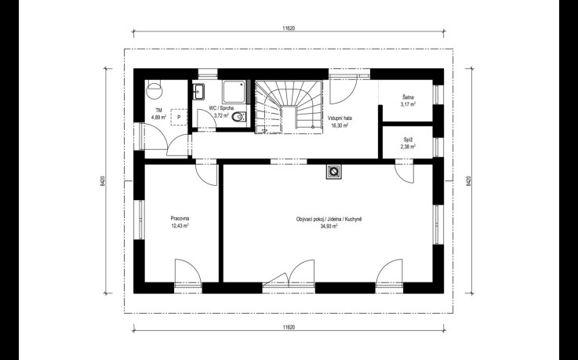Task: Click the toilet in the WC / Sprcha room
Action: tap(239, 118)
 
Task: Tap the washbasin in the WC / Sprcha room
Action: tap(198, 92)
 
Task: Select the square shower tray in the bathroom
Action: tap(234, 92)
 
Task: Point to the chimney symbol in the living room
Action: tap(333, 171)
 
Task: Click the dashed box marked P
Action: tap(179, 117)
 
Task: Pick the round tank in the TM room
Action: tap(154, 90)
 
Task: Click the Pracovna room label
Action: tap(180, 218)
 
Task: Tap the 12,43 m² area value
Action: tap(180, 226)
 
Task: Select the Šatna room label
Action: tap(408, 97)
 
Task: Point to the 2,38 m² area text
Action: tap(408, 147)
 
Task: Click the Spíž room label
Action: tap(408, 140)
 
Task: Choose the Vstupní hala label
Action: tap(340, 118)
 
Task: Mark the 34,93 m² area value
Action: tap(329, 226)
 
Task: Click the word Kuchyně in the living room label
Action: tap(354, 220)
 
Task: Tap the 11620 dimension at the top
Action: tap(289, 28)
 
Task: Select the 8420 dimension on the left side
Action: tap(103, 181)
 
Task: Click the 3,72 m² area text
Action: tap(221, 115)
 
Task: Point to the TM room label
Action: tap(159, 110)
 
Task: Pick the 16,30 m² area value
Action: tap(340, 125)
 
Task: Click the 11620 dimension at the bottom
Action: tap(289, 327)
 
